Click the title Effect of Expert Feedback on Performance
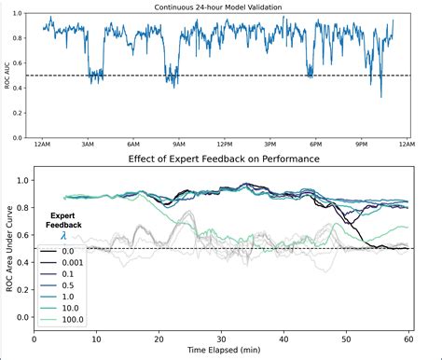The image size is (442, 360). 224,159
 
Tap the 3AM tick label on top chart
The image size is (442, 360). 88,145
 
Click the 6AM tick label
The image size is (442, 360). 133,145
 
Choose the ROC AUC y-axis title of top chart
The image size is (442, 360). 7,75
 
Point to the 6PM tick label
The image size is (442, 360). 315,145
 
